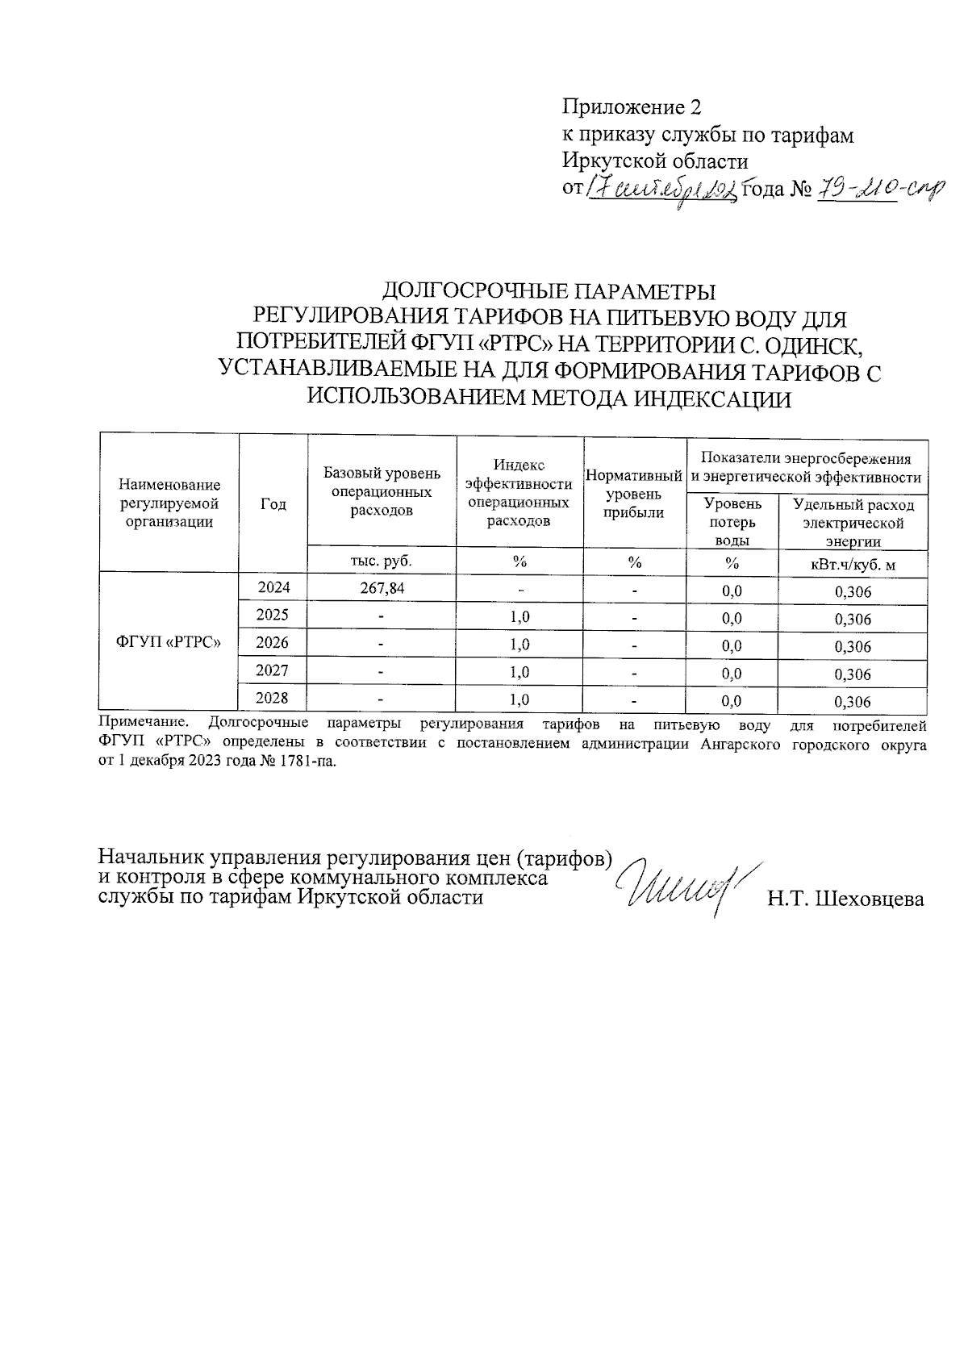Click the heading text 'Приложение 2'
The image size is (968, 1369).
[x=632, y=107]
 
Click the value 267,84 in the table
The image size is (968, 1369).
[x=382, y=588]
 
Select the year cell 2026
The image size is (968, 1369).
[x=273, y=643]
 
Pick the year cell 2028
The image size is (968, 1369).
[x=273, y=698]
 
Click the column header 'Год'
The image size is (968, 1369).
[x=273, y=504]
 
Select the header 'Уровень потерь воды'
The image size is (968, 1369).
[x=732, y=522]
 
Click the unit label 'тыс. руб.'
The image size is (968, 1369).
[x=382, y=561]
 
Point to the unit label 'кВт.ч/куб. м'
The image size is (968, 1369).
[x=853, y=564]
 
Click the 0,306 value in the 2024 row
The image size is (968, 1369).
[x=853, y=592]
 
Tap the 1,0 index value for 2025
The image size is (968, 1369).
[x=519, y=617]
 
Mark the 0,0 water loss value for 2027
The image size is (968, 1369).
[x=732, y=674]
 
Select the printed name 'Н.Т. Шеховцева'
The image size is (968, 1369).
[x=845, y=899]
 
